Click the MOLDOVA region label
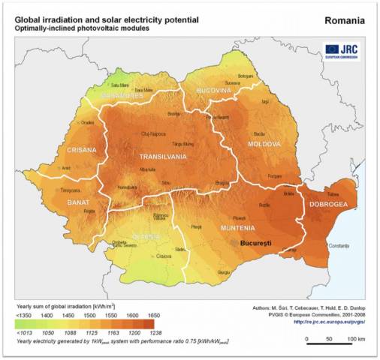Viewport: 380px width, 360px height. coord(264,143)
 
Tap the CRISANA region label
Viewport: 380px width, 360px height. coord(82,149)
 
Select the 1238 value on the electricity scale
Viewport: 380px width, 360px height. coord(156,333)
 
